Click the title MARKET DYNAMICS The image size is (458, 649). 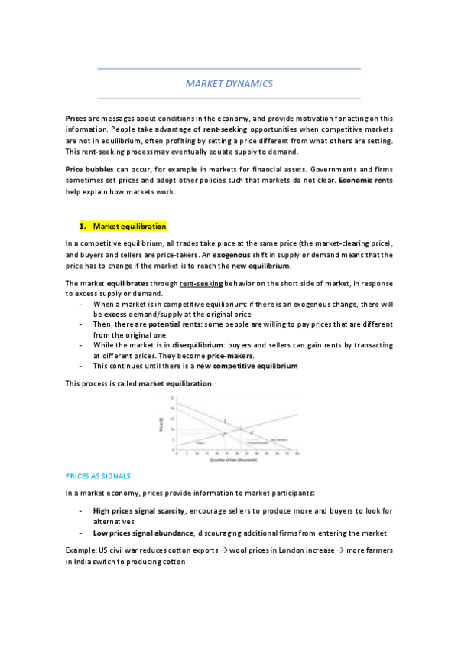(x=229, y=83)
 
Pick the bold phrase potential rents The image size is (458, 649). (x=173, y=324)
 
